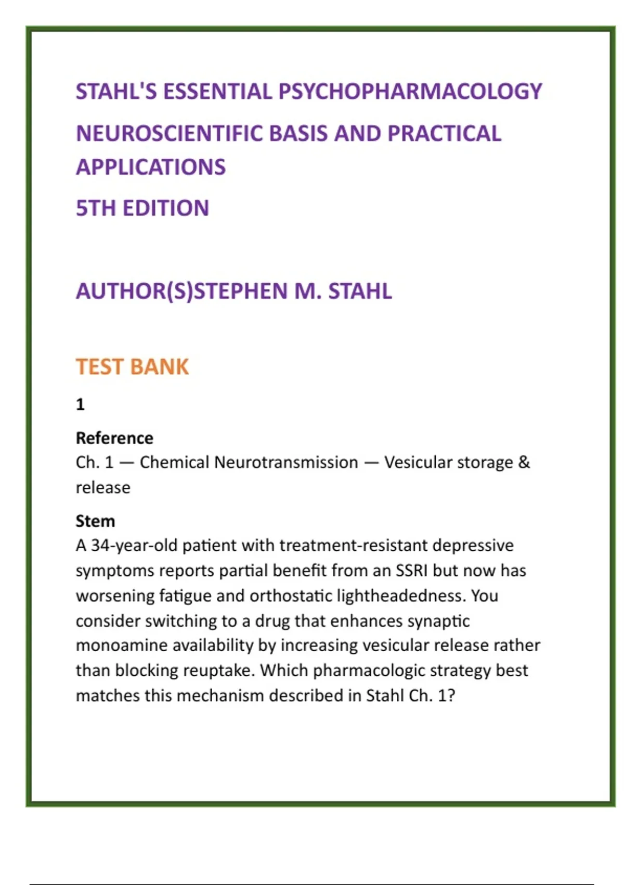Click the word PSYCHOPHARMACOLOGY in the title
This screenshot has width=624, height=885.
click(x=410, y=92)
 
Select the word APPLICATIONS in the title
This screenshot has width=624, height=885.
click(x=151, y=167)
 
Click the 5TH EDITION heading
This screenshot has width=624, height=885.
click(x=142, y=208)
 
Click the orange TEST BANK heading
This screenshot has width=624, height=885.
click(x=132, y=367)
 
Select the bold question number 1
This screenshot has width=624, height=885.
click(x=80, y=404)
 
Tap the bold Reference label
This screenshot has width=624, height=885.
click(x=114, y=438)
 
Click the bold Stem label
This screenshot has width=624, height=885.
click(x=95, y=521)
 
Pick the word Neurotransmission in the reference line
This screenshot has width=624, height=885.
click(x=286, y=462)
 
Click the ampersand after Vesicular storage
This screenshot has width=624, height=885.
click(x=524, y=462)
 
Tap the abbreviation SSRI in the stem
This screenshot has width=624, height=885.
click(x=411, y=571)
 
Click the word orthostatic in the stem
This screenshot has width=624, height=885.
click(x=291, y=596)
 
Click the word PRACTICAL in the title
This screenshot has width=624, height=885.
click(x=445, y=134)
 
